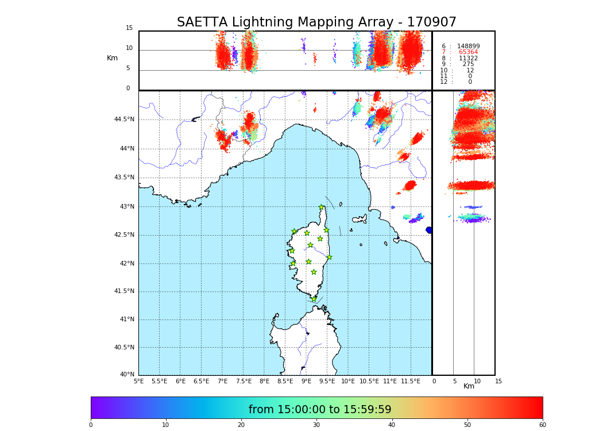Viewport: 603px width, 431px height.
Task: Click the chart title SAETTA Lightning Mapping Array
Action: pyautogui.click(x=316, y=22)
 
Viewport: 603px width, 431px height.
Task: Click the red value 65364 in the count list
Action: pyautogui.click(x=468, y=52)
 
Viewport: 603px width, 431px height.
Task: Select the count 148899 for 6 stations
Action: pyautogui.click(x=468, y=47)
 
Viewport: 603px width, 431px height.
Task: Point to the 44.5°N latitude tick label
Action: pyautogui.click(x=124, y=120)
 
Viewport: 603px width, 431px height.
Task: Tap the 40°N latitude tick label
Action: pyautogui.click(x=127, y=375)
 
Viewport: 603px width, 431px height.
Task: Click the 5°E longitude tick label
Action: pyautogui.click(x=138, y=381)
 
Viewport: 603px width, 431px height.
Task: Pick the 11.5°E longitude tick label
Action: pyautogui.click(x=410, y=381)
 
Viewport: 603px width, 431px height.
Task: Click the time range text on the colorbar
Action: pyautogui.click(x=320, y=410)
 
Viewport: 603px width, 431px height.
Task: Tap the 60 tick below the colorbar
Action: pyautogui.click(x=542, y=425)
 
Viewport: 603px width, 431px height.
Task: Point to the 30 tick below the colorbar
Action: pyautogui.click(x=316, y=425)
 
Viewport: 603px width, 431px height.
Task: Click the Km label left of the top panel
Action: pyautogui.click(x=112, y=58)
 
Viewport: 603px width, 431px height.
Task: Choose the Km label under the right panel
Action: pyautogui.click(x=469, y=386)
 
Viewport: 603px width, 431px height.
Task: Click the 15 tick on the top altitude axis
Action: pyautogui.click(x=129, y=28)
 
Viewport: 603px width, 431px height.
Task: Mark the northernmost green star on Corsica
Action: pyautogui.click(x=322, y=207)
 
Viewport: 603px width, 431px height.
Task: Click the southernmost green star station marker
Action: pyautogui.click(x=314, y=299)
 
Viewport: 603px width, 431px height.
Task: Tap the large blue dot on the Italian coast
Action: pyautogui.click(x=428, y=230)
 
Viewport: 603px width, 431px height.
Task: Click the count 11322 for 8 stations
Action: pyautogui.click(x=468, y=59)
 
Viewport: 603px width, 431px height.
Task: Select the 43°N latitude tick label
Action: pyautogui.click(x=127, y=206)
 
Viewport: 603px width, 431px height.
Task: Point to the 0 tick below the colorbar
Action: pyautogui.click(x=91, y=425)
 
